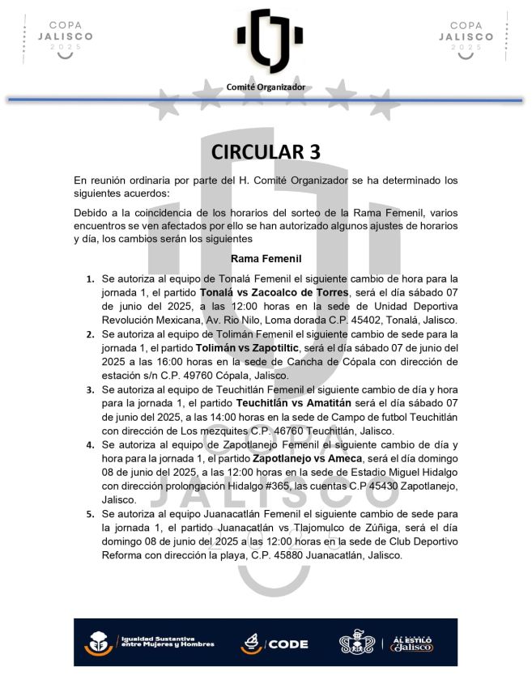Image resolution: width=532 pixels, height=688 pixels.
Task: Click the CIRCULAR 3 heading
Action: (x=266, y=151)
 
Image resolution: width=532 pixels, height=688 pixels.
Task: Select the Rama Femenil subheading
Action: (x=266, y=259)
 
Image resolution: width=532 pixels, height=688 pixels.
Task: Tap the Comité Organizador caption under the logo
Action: (x=266, y=87)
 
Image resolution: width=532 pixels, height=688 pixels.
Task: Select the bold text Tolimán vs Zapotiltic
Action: (x=247, y=347)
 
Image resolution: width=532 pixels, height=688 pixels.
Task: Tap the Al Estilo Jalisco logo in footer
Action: (x=418, y=643)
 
